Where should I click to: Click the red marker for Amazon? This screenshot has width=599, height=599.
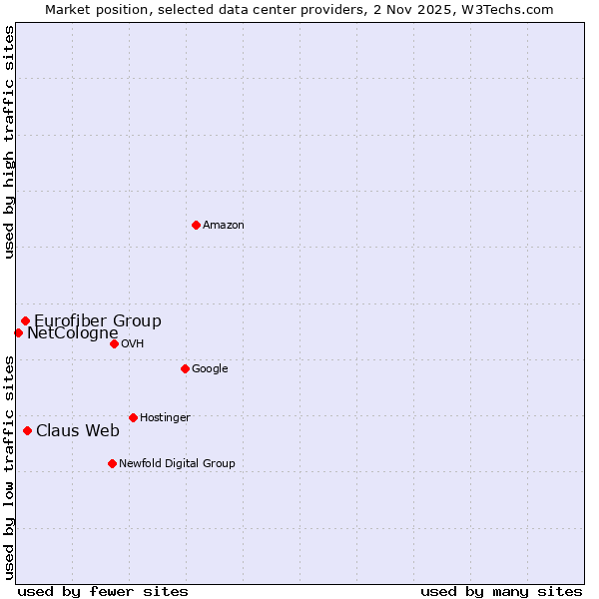[196, 225]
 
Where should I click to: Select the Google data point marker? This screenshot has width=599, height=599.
[185, 368]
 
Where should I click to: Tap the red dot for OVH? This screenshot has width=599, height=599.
[114, 343]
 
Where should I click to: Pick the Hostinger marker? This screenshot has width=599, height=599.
[133, 417]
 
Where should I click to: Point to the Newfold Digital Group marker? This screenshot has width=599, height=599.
[112, 463]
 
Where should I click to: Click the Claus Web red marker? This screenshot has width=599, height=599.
[27, 430]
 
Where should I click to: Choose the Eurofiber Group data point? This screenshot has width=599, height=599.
[25, 320]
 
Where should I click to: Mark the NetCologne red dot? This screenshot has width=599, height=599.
[18, 332]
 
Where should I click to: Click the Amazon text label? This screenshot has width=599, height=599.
[224, 226]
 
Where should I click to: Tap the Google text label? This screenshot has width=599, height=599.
[210, 369]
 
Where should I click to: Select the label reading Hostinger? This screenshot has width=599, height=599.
[165, 418]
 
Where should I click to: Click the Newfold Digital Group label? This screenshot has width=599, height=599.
[177, 464]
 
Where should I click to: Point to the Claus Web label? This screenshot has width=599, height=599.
[78, 431]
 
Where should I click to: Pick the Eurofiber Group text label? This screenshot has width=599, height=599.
[98, 321]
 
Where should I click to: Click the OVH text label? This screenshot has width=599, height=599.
[133, 344]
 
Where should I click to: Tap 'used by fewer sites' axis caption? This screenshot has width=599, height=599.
[103, 591]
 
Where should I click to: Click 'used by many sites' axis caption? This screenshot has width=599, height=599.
[501, 591]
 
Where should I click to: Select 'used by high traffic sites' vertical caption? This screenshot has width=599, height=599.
[9, 142]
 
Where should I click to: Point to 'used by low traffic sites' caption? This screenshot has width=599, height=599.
[9, 466]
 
